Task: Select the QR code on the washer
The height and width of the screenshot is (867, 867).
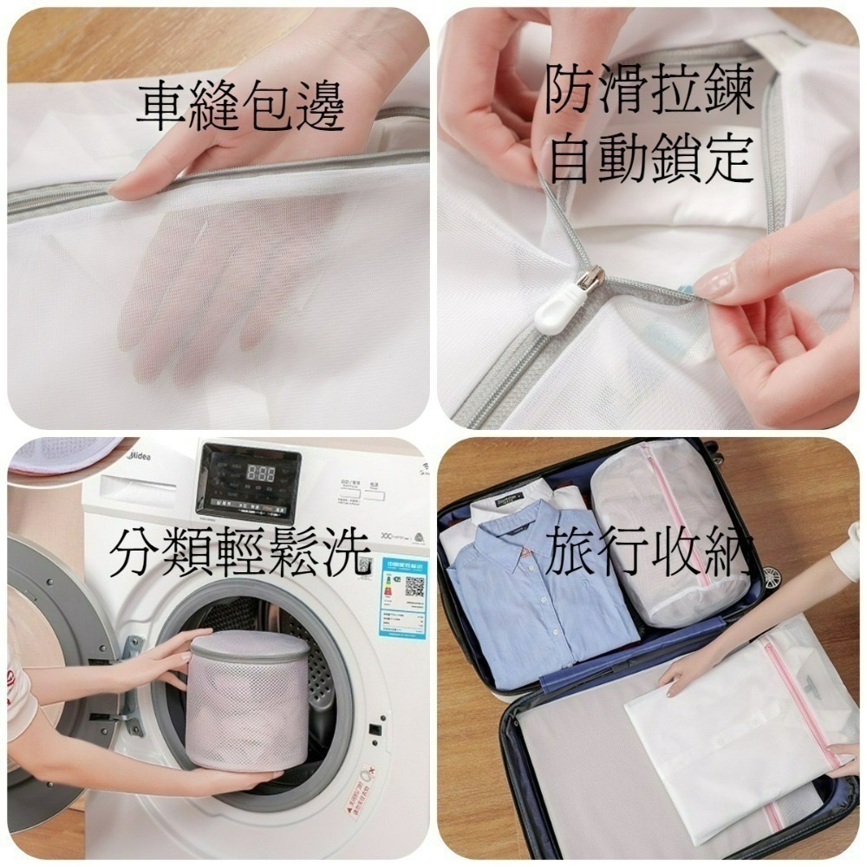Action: pyautogui.click(x=414, y=585)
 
